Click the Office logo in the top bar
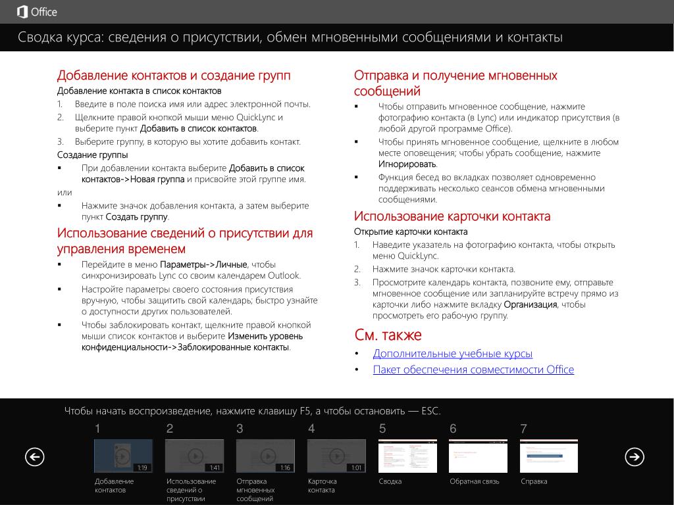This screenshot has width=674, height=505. [37, 12]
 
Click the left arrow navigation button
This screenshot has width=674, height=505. [34, 456]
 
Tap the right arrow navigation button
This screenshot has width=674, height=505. [635, 456]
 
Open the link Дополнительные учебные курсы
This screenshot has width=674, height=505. [452, 354]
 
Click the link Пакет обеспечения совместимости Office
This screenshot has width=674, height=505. [473, 370]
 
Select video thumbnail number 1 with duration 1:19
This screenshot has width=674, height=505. [123, 456]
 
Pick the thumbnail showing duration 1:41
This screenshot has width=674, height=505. [194, 456]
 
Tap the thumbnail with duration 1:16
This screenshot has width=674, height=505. [265, 456]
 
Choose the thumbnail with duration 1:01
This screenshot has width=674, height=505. [336, 456]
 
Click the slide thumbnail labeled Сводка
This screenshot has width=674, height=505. [407, 456]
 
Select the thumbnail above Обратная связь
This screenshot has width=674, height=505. [478, 456]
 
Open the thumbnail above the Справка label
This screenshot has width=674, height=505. [549, 456]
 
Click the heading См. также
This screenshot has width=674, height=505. [388, 335]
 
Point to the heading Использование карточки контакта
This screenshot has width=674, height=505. [452, 216]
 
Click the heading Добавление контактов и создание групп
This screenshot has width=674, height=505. [174, 75]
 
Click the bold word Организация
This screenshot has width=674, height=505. [531, 304]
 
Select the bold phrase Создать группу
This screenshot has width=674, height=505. [137, 217]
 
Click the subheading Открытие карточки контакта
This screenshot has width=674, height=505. [411, 231]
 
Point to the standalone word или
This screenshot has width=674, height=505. [65, 193]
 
